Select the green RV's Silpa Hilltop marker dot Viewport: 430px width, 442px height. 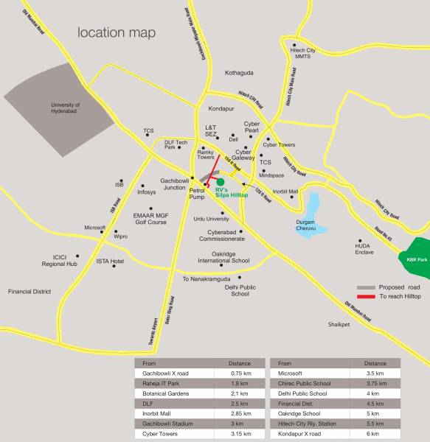pyautogui.click(x=220, y=181)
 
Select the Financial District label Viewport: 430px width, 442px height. pyautogui.click(x=30, y=292)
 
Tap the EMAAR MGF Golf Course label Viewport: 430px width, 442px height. pyautogui.click(x=151, y=220)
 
